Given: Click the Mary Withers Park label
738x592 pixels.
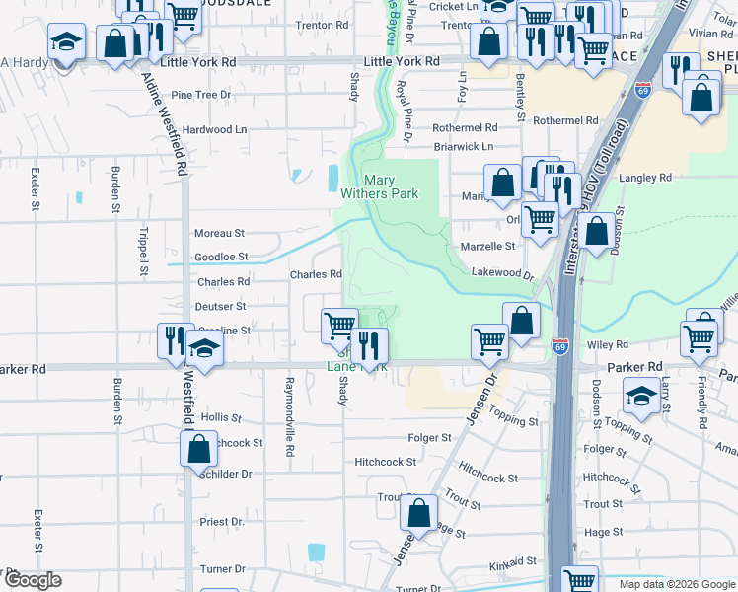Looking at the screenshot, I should [392, 186].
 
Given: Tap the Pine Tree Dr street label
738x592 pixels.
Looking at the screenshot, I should [200, 95].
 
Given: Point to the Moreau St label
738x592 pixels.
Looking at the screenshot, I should [219, 233].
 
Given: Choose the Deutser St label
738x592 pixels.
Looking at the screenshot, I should [219, 306].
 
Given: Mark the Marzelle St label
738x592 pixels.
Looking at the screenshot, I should [487, 246].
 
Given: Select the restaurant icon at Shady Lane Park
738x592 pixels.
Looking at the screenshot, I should [370, 344].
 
